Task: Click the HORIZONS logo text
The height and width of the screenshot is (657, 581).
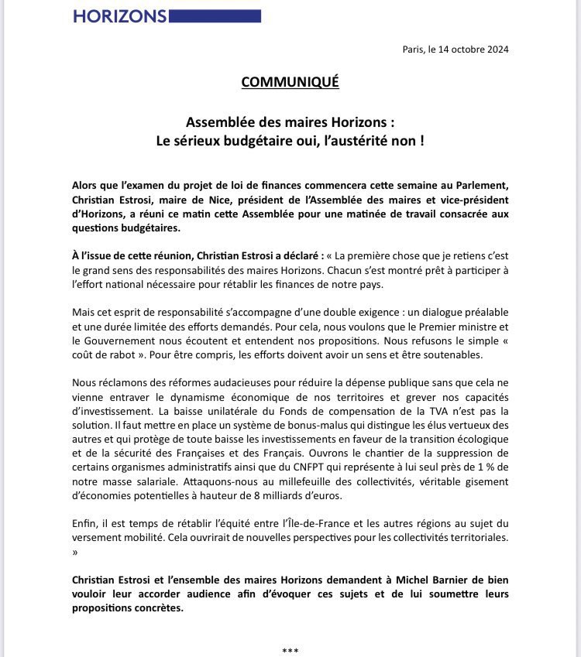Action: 120,15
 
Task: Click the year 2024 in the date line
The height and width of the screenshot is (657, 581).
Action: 497,50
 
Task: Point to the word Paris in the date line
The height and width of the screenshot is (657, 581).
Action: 414,50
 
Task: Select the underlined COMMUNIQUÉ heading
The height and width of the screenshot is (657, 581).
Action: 290,83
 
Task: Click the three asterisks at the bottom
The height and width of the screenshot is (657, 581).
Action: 290,649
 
